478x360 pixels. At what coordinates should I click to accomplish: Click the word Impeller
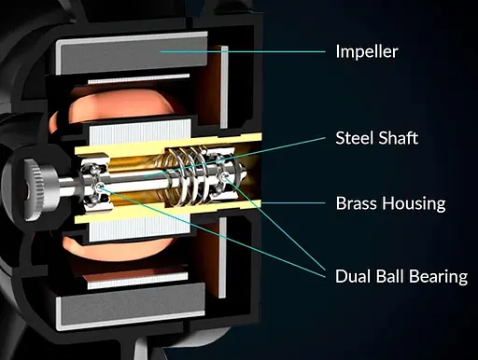pos(367,51)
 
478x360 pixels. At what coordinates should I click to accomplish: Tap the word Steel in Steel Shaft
pos(353,138)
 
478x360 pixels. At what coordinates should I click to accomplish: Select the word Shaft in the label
pos(397,138)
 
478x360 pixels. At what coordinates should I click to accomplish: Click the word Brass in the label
pos(357,203)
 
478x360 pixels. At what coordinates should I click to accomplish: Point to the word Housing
pos(414,204)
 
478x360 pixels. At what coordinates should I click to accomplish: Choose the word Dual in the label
pos(353,276)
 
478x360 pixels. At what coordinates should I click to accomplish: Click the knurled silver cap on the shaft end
pos(38,188)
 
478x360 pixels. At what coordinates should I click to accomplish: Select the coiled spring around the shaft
pos(184,176)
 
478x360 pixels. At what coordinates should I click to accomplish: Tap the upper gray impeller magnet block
pos(132,53)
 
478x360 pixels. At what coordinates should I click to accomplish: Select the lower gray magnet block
pos(132,307)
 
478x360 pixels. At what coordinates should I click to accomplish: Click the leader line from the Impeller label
pos(243,51)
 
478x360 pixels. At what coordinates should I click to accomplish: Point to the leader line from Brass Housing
pos(293,203)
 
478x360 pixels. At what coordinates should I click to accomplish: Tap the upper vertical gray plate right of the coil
pos(224,87)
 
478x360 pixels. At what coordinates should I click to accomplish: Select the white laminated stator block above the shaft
pos(140,133)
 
